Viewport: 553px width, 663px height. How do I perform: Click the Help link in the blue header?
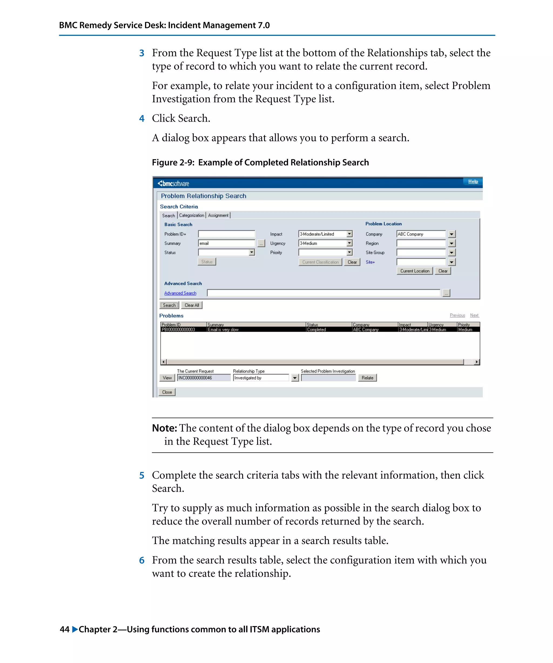[x=473, y=181]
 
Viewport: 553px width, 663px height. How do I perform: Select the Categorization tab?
[x=191, y=215]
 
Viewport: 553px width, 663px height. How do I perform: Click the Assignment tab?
[x=218, y=215]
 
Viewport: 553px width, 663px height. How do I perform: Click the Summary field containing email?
[x=226, y=243]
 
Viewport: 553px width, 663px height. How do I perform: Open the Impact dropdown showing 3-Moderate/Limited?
[x=349, y=234]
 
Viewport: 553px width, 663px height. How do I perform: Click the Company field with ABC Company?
[x=421, y=234]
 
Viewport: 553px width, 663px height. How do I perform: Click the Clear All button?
[x=192, y=305]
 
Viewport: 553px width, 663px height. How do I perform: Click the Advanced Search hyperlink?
[x=180, y=293]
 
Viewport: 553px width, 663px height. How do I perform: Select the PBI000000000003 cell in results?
[x=178, y=329]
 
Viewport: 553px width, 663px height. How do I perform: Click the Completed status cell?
[x=316, y=329]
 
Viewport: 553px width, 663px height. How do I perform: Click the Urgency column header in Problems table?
[x=436, y=324]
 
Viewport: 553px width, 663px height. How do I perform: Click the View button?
[x=167, y=378]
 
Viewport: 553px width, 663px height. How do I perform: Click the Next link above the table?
[x=474, y=315]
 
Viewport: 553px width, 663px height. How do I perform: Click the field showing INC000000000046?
[x=204, y=378]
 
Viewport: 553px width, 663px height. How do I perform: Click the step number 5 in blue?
[x=141, y=475]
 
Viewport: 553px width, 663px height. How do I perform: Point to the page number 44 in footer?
[x=65, y=629]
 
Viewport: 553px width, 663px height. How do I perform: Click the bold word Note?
[x=164, y=428]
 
